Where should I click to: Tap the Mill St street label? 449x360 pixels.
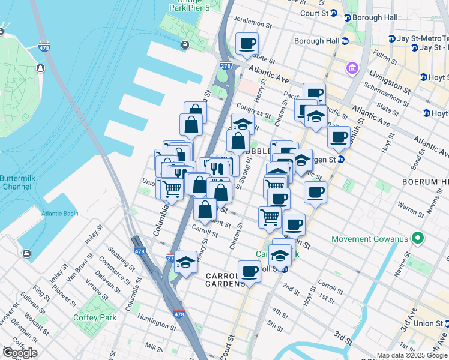(x=154, y=347)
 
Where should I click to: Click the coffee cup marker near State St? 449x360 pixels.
(x=247, y=43)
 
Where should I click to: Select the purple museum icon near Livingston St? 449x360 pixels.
(x=351, y=69)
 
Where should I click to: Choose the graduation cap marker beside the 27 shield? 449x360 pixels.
(x=185, y=262)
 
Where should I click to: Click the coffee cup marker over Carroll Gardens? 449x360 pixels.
(x=249, y=271)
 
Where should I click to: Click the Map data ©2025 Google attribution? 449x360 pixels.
(x=412, y=355)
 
